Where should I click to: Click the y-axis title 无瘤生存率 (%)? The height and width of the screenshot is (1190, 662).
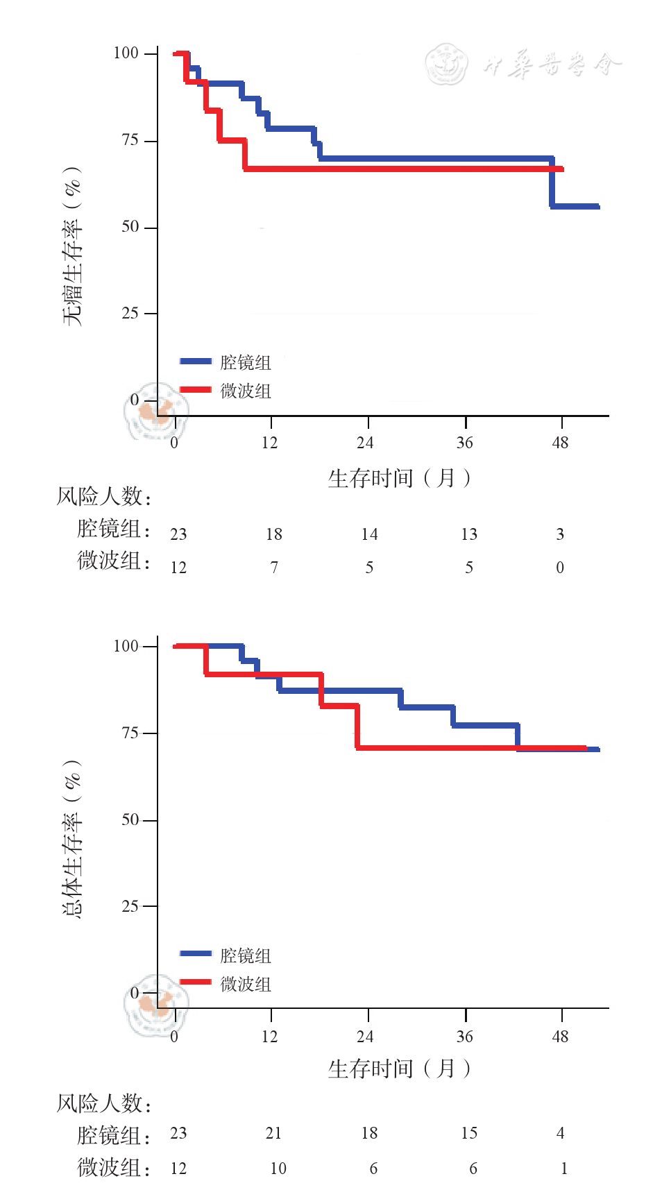tap(72, 246)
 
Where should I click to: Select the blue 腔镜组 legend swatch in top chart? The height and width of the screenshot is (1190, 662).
tap(195, 362)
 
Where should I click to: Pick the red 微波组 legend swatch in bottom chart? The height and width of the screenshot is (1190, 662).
tap(195, 983)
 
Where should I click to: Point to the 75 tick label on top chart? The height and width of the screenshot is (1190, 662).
tap(130, 140)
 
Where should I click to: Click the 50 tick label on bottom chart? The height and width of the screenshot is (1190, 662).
tap(130, 819)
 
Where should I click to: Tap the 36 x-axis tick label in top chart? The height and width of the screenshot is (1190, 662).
tap(464, 443)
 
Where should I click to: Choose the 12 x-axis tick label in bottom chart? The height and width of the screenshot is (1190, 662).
tap(269, 1037)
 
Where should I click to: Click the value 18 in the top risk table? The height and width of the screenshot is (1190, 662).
tap(274, 534)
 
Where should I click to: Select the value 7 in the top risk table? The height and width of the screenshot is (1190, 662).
tap(274, 568)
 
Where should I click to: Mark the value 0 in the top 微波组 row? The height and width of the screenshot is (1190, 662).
tap(560, 568)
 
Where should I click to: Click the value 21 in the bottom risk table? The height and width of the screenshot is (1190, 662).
tap(274, 1133)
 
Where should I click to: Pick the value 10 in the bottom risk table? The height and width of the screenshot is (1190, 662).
tap(278, 1168)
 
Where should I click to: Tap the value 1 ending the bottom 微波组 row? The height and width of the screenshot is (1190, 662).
tap(563, 1168)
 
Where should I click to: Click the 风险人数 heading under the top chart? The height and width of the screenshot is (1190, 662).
tap(103, 497)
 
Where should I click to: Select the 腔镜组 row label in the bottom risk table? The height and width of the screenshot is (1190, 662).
tap(113, 1135)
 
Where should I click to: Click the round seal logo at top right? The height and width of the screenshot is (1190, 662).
tap(446, 64)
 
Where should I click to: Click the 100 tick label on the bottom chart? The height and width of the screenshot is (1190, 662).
tap(126, 646)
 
